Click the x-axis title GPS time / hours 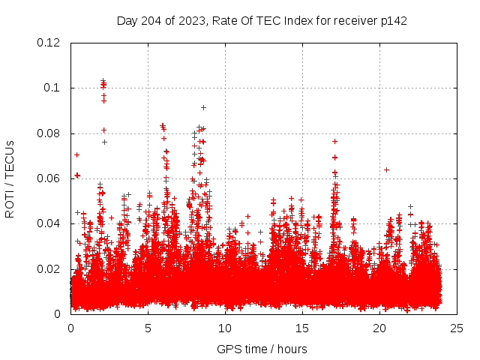click(x=262, y=349)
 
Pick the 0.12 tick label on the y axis click(x=49, y=43)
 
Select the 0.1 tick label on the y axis click(x=53, y=88)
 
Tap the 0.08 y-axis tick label click(x=49, y=133)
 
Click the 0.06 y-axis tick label click(x=49, y=178)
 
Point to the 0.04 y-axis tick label click(x=49, y=223)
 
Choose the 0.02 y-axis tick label click(x=49, y=269)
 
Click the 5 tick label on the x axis click(x=148, y=328)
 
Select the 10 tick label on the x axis click(x=225, y=328)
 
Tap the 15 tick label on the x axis click(x=302, y=328)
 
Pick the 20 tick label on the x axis click(x=379, y=328)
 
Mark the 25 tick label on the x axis click(x=457, y=328)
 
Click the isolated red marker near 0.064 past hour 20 click(x=386, y=169)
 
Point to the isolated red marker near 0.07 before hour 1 click(x=76, y=154)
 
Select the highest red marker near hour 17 click(x=334, y=141)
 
